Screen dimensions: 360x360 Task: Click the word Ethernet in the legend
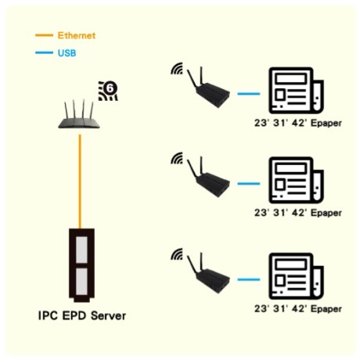(x=77, y=35)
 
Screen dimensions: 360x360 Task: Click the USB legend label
(x=67, y=53)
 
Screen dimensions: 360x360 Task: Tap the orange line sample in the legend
(x=44, y=35)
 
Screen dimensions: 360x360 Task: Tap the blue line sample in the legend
(x=44, y=52)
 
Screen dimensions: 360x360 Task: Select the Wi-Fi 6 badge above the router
(x=108, y=91)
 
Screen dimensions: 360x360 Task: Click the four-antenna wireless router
(x=79, y=114)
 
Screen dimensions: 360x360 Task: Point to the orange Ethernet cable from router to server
(x=80, y=182)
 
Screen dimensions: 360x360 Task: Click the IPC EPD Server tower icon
(x=81, y=265)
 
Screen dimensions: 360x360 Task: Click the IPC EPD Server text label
(x=82, y=315)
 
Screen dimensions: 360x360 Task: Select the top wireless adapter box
(x=209, y=88)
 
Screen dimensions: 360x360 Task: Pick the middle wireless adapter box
(x=209, y=178)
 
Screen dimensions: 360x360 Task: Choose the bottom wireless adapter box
(x=209, y=273)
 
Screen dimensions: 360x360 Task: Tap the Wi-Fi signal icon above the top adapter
(x=177, y=69)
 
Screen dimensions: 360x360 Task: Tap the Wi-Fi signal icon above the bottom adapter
(x=177, y=254)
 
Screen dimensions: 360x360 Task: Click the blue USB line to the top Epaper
(x=249, y=94)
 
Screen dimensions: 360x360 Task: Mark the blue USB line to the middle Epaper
(x=249, y=183)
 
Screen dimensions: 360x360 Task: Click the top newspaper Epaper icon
(x=296, y=90)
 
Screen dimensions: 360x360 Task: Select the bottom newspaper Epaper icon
(x=296, y=276)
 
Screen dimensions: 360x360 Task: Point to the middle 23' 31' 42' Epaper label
(x=298, y=213)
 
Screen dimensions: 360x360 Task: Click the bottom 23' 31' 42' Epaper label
(x=298, y=308)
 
